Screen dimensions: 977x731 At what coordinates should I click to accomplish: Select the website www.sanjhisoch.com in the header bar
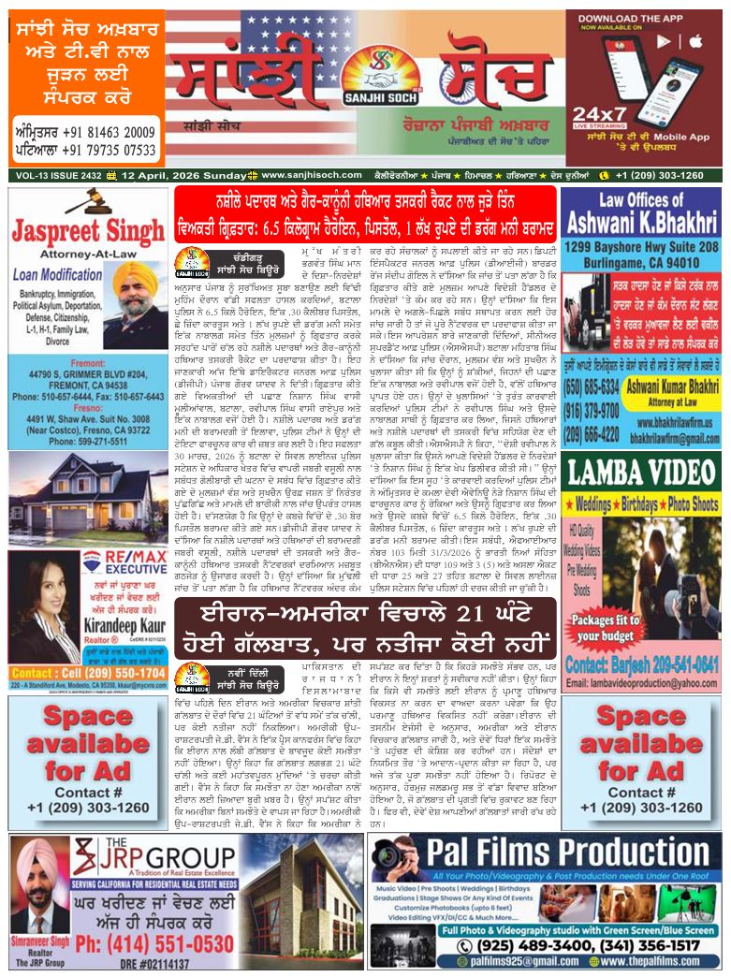306,175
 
